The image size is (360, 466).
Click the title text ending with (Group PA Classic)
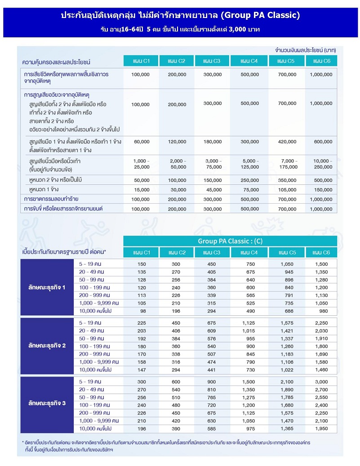[180, 15]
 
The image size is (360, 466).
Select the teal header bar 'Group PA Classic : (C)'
[230, 241]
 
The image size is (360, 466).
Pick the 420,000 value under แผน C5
[287, 142]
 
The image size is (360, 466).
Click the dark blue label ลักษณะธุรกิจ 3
[47, 403]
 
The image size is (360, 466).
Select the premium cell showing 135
[142, 272]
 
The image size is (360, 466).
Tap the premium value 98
[142, 311]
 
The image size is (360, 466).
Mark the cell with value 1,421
[287, 331]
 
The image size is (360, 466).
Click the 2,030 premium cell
[321, 331]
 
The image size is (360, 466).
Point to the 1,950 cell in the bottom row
[321, 429]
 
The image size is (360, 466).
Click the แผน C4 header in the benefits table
[249, 61]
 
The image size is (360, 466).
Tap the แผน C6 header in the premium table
[321, 253]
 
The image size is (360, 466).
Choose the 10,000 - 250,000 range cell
[321, 164]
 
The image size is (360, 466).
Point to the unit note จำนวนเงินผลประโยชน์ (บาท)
[306, 49]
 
